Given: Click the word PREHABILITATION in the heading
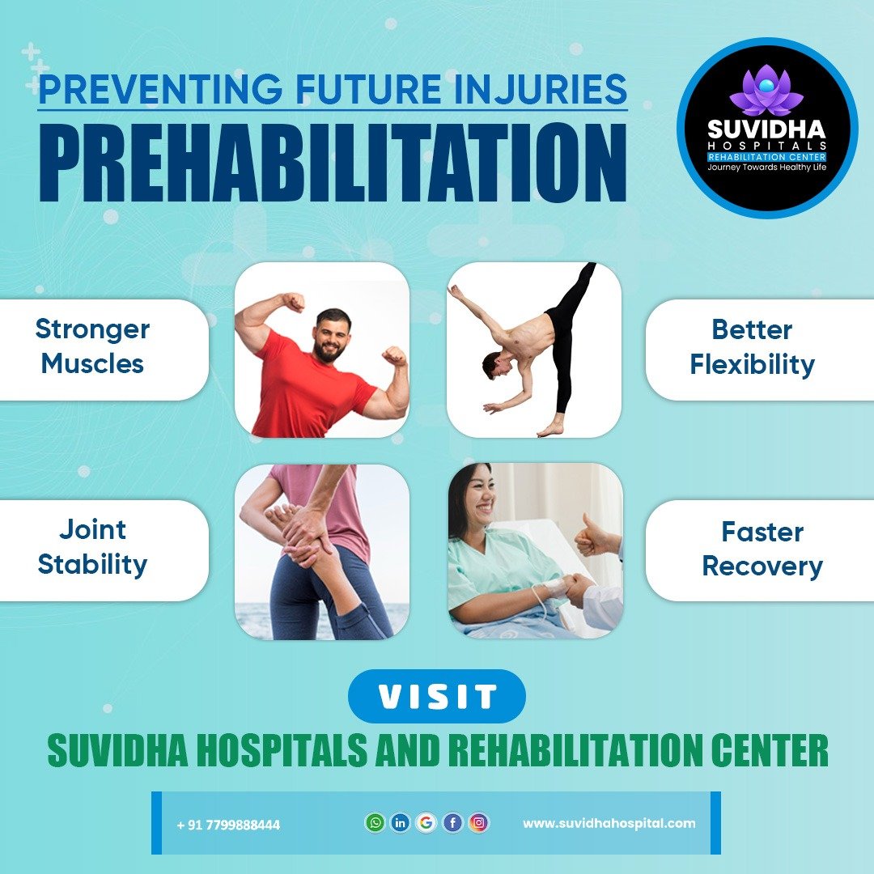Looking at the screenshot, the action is click(333, 162).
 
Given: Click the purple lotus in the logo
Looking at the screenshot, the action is click(766, 91).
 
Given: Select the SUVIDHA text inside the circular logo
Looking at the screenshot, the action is click(766, 129).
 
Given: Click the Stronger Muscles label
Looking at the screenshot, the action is click(92, 346).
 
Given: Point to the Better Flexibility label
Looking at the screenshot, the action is click(752, 346).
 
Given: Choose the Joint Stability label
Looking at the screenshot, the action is click(92, 547).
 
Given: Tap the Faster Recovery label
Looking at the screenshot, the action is click(762, 549).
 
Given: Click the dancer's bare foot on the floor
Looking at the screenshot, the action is click(549, 429).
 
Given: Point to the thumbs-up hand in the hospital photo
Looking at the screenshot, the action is click(590, 536).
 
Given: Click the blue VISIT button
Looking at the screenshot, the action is click(437, 696).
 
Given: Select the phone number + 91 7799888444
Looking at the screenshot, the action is click(228, 825).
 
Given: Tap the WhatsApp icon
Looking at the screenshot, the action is click(375, 823).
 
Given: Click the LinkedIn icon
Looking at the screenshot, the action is click(401, 823).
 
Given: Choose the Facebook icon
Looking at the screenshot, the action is click(452, 823).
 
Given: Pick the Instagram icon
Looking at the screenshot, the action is click(478, 823).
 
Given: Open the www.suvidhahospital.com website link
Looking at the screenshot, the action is click(609, 823).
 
